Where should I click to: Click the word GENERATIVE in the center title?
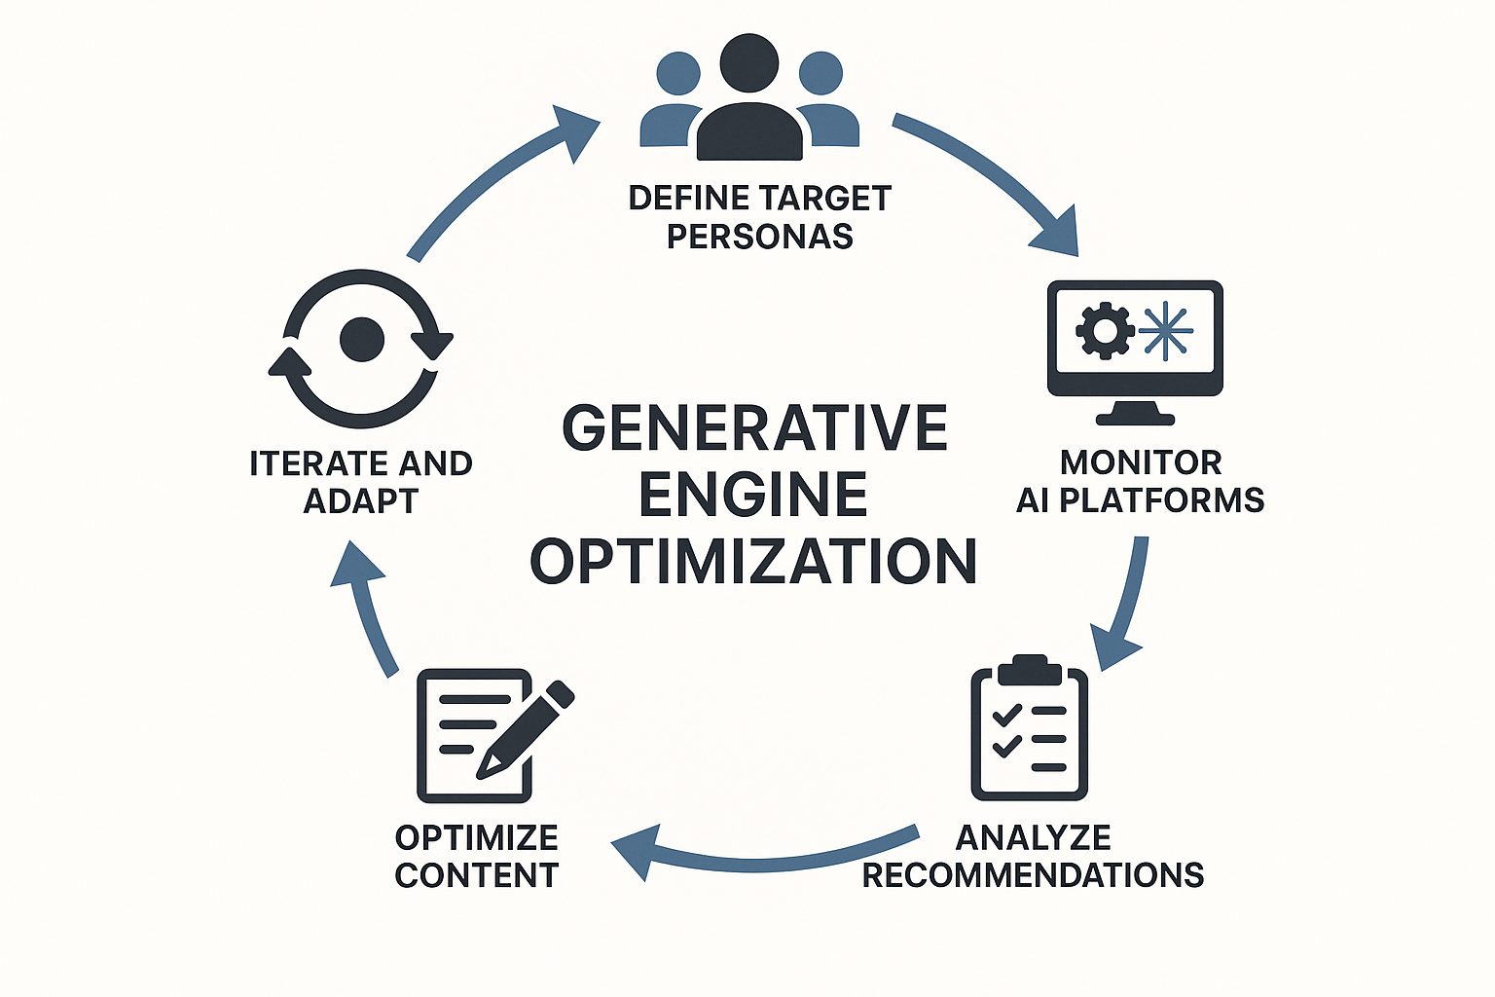point(755,428)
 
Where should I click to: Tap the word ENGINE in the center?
point(753,495)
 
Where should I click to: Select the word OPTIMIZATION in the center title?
point(753,562)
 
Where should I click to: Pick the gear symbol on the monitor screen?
point(1104,331)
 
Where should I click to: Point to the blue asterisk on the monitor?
point(1165,331)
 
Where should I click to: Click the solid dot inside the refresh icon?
point(362,340)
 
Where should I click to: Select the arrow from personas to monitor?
point(993,175)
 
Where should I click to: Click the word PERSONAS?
point(759,237)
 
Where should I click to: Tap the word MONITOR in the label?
point(1141,462)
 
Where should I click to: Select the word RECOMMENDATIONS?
point(1033,875)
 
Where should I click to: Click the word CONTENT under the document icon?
point(477,875)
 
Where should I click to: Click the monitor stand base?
point(1135,419)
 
